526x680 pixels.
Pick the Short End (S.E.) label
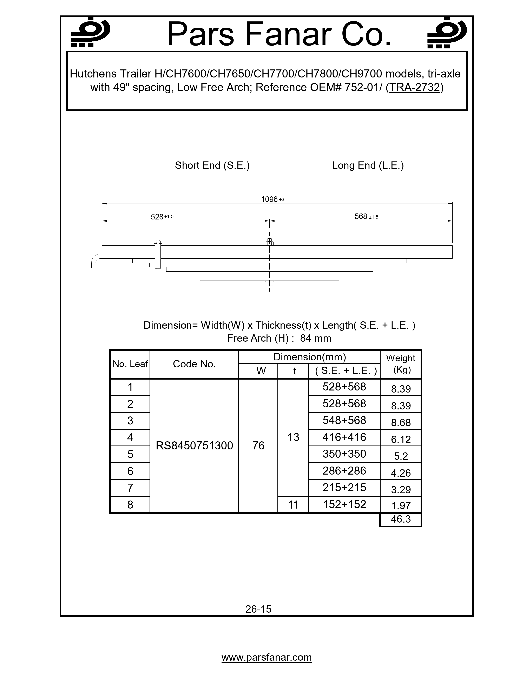(x=212, y=165)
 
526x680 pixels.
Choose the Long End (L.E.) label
(x=368, y=165)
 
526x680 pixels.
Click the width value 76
(x=258, y=446)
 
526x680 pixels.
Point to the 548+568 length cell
(x=344, y=420)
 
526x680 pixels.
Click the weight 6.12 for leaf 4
(x=401, y=439)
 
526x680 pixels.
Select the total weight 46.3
(x=401, y=519)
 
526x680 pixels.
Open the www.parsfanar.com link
(x=267, y=657)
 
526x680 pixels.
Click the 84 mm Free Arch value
(x=315, y=338)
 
